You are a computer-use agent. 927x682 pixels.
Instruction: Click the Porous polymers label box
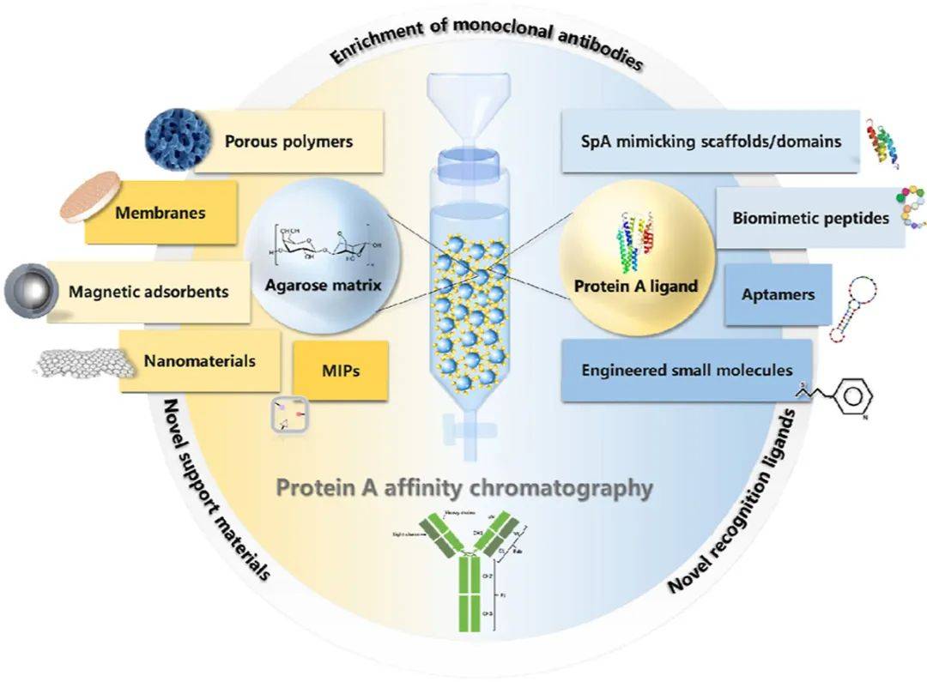click(x=288, y=142)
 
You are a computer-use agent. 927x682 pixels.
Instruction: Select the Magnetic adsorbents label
click(x=148, y=292)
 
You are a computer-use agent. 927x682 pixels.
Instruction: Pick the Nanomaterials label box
click(x=198, y=361)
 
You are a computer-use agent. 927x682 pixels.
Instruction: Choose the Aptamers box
click(x=779, y=295)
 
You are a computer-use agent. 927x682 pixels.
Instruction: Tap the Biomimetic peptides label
click(x=809, y=218)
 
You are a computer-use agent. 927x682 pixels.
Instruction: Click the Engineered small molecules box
click(x=687, y=371)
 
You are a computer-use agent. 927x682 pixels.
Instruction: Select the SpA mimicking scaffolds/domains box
click(x=710, y=141)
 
